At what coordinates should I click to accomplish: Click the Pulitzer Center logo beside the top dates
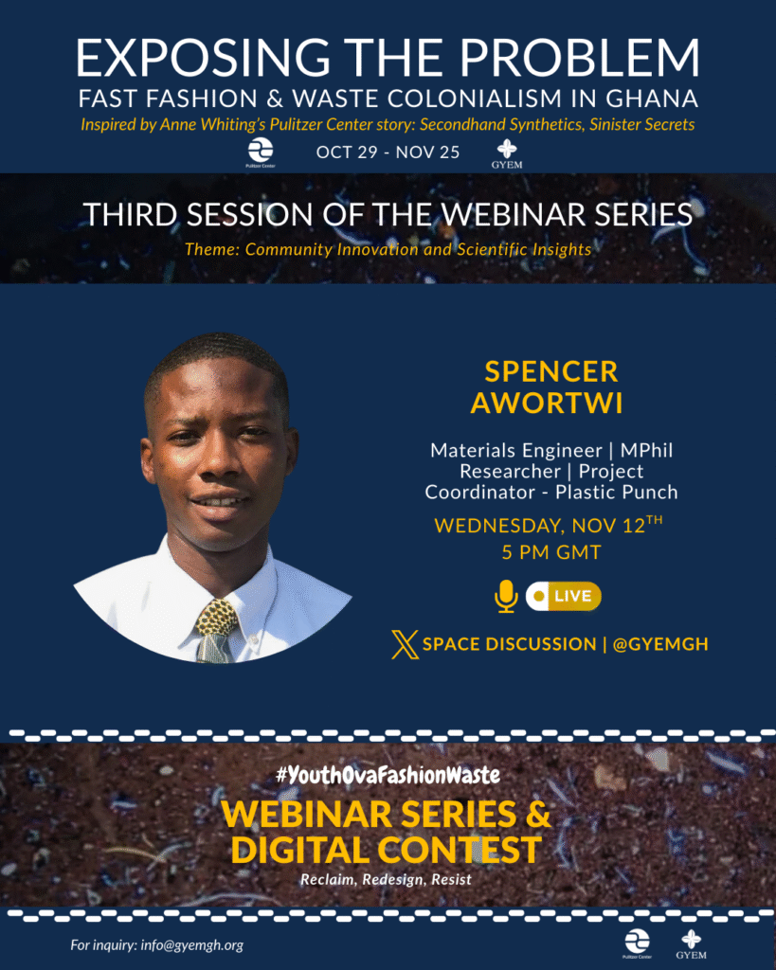261,153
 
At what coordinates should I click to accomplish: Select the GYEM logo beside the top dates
507,154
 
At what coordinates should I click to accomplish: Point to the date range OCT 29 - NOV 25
388,153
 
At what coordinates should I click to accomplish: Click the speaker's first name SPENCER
550,371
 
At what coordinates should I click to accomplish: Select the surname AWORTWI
547,403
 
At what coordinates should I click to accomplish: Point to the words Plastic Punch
616,493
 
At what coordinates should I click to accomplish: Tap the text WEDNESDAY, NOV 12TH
549,525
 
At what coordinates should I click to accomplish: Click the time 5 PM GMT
551,552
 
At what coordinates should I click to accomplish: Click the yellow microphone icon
506,597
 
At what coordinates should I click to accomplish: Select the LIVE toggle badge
563,597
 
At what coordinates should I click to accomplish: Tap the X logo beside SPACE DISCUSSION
405,644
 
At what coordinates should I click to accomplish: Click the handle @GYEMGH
660,644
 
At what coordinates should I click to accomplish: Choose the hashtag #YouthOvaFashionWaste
388,775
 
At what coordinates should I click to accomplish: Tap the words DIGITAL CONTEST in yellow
387,850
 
